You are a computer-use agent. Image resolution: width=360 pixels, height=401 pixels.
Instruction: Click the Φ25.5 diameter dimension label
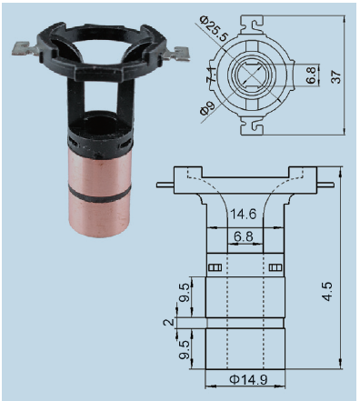point(214,29)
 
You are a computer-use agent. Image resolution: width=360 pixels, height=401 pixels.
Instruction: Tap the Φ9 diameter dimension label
point(207,107)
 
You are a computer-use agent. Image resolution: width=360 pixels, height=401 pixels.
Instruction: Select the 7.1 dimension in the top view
point(211,75)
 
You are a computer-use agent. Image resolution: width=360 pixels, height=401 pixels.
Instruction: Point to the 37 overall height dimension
point(336,77)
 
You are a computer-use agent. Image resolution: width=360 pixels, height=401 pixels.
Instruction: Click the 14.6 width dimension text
point(244,214)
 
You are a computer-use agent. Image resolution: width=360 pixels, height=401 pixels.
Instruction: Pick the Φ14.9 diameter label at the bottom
point(248,379)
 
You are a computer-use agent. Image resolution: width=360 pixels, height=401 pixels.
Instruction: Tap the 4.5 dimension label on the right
point(327,292)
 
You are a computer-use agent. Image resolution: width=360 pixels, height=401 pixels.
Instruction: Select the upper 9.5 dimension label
point(184,293)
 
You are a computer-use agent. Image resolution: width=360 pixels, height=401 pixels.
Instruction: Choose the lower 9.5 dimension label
point(184,349)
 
